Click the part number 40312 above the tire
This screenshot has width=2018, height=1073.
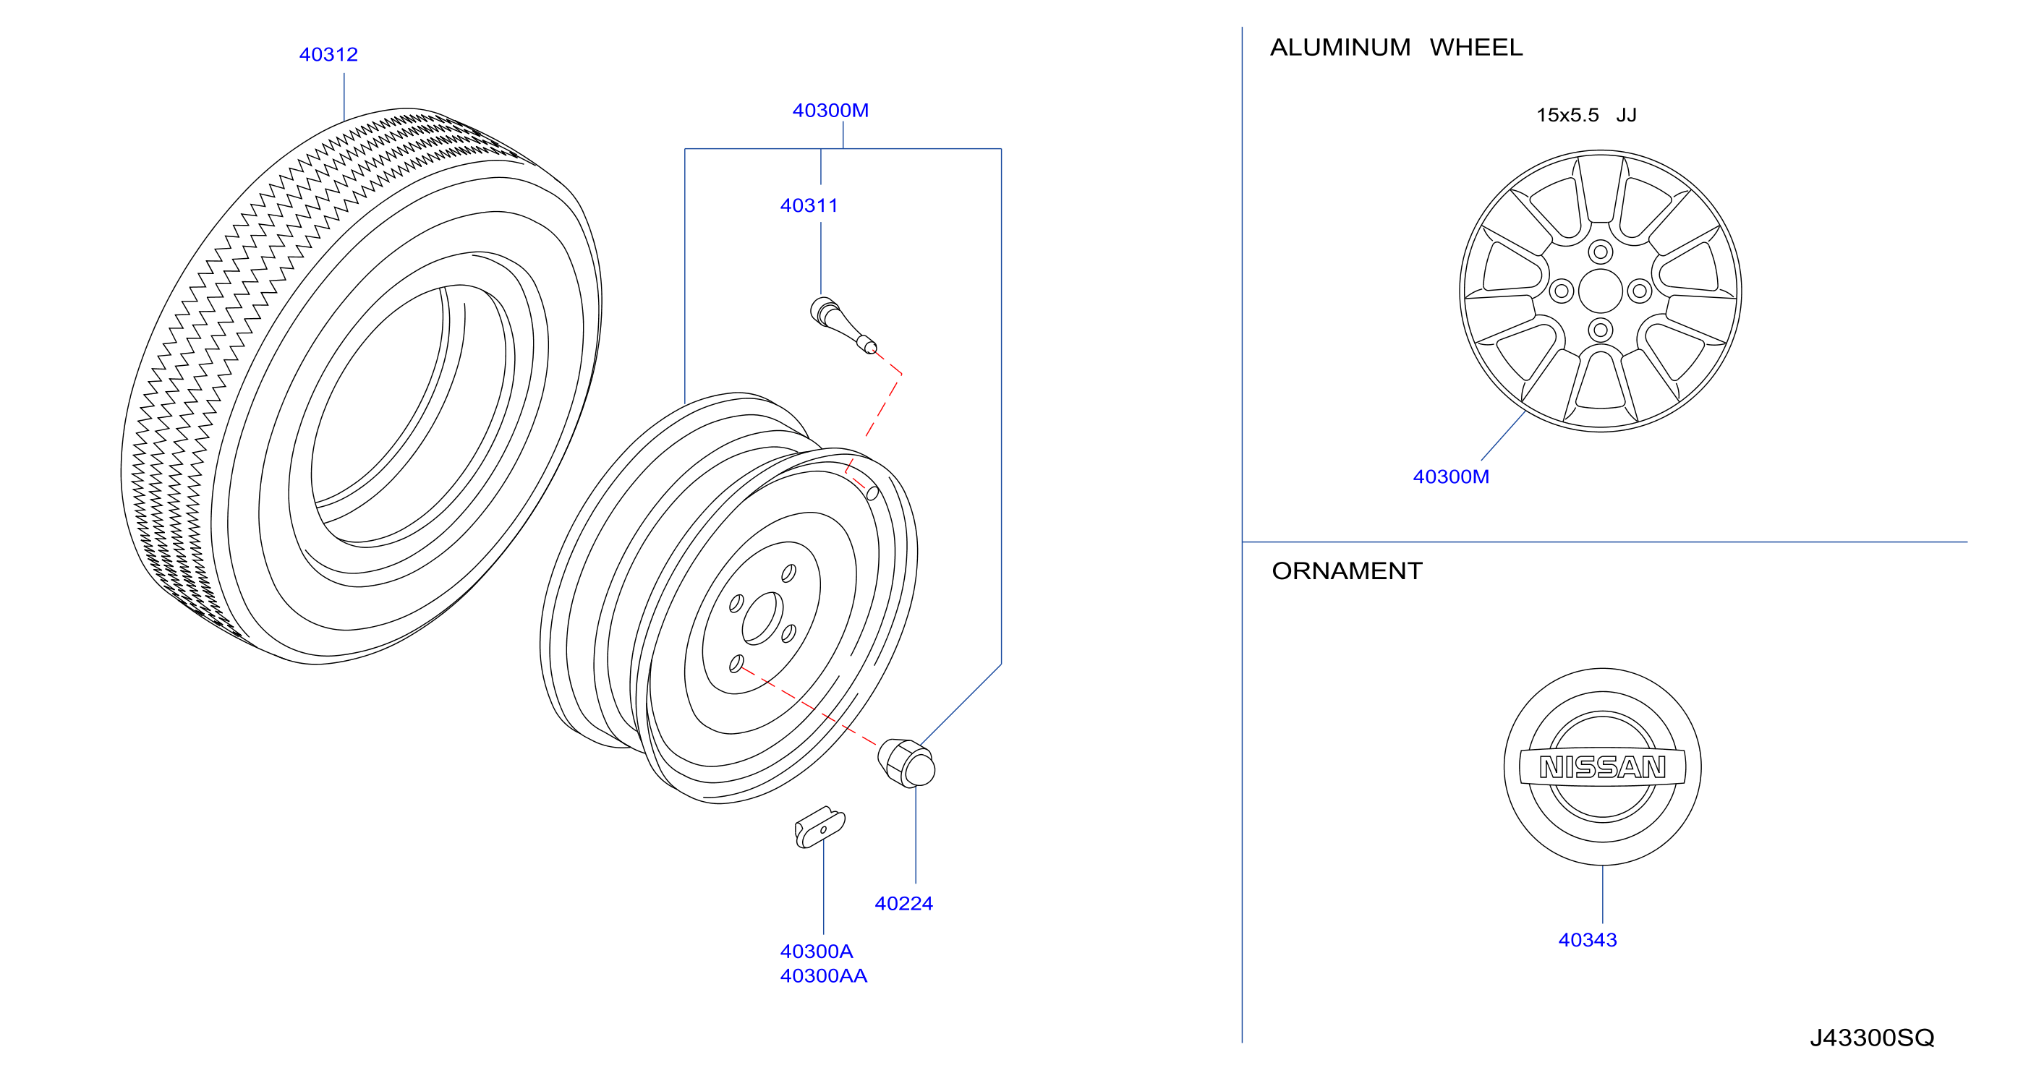(328, 55)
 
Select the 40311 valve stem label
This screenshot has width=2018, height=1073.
(809, 206)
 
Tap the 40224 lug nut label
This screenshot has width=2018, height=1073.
(903, 904)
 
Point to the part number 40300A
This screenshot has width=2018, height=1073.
(817, 952)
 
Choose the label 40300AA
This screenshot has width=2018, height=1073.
(823, 976)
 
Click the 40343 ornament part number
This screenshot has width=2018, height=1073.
(1587, 940)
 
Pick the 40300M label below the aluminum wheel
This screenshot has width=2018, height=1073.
(1451, 477)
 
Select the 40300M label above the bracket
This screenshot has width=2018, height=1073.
(830, 111)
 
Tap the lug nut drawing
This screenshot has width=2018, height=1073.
(906, 763)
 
